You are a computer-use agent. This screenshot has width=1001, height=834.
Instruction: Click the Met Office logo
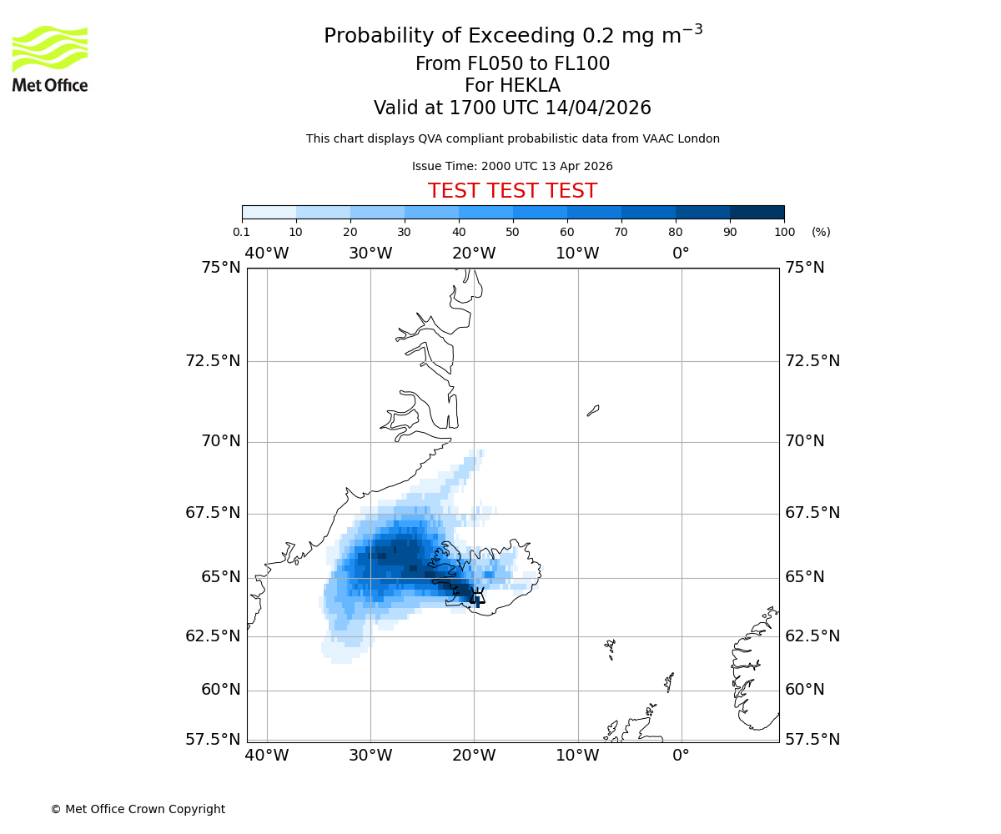tap(50, 58)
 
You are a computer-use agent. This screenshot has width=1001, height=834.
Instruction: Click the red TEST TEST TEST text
tap(512, 191)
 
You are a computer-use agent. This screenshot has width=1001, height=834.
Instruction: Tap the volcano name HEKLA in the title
tap(530, 86)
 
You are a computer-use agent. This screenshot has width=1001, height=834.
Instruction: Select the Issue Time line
tap(512, 166)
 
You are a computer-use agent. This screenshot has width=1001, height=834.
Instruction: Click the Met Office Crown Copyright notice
tap(138, 809)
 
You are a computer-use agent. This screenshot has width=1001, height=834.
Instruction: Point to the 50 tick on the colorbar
tap(513, 232)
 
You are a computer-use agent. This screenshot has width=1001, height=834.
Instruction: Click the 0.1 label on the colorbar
tap(242, 232)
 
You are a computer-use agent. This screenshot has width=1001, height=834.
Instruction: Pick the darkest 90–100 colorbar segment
tap(757, 212)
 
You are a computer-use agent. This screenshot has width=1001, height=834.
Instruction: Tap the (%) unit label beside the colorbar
tap(821, 232)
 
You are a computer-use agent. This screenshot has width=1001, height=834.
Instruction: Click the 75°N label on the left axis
tap(221, 268)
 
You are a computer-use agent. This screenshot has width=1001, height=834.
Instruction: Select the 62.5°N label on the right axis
tap(812, 636)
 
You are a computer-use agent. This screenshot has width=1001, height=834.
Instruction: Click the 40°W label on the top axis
tap(267, 253)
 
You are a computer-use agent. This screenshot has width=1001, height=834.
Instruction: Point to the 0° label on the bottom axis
tap(682, 756)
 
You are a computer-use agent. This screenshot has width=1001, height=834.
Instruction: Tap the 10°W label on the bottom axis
tap(577, 756)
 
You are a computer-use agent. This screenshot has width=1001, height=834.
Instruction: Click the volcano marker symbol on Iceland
tap(477, 595)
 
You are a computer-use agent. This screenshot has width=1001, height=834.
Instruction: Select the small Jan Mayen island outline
tap(593, 410)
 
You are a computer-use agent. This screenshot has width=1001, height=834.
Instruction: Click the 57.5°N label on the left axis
tap(213, 740)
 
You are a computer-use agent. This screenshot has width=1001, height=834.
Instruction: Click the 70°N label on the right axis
tap(805, 441)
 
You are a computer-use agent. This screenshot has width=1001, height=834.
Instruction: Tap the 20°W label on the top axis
tap(474, 253)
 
